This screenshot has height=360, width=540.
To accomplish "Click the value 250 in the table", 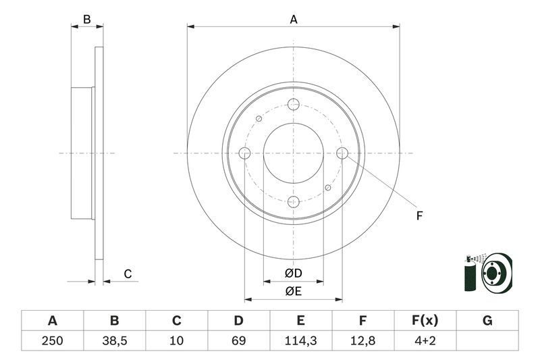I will coord(52,340).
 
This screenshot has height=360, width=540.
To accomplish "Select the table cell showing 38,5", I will coord(114,340).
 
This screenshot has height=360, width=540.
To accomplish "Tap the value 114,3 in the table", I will coord(301,340).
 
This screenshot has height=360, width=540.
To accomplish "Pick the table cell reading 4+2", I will coord(425,340).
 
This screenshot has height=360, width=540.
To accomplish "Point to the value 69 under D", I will coord(239,340).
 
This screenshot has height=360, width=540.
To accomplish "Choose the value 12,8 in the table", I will coord(363,340).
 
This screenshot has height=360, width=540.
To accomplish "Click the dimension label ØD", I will coord(293,274).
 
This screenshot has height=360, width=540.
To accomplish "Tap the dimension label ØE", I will coord(293,291).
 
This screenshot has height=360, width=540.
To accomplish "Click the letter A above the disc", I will coord(294,20).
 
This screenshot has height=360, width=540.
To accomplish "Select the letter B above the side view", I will coord(86,20).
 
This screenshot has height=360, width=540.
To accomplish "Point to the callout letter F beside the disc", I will coord(419,216).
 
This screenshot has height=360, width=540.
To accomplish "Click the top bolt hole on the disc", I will coord(293,104).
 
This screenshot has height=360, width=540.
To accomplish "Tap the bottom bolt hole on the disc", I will coord(293,201).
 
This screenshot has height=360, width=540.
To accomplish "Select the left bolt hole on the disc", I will coord(244,153).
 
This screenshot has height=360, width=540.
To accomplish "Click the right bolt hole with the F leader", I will coord(342,153).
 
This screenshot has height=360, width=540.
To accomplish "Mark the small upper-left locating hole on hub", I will coord(259,119).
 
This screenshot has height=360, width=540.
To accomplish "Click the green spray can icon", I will coord(470,274).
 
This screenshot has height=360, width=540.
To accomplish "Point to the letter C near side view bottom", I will coord(126,274).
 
